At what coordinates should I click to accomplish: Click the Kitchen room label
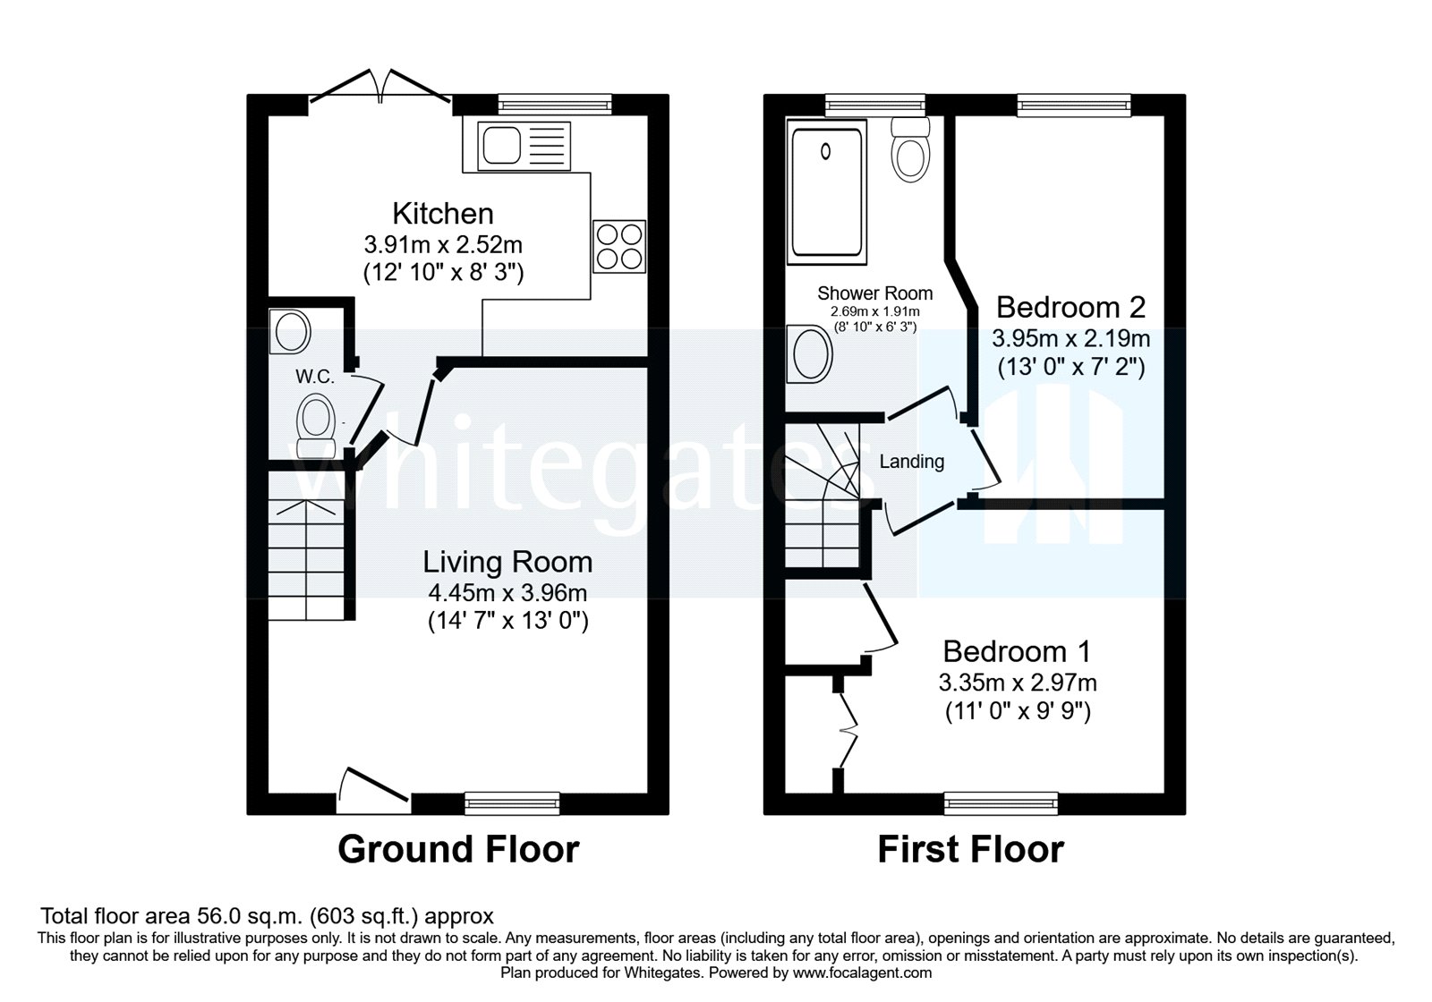443,214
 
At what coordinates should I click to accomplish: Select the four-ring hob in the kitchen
618,245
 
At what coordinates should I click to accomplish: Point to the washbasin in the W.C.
291,332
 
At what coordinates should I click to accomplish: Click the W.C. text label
315,378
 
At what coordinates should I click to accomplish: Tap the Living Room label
507,562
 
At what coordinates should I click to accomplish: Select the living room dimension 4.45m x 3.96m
507,592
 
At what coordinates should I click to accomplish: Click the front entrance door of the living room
374,788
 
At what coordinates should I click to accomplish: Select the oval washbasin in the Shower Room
811,353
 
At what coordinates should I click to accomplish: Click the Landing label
911,462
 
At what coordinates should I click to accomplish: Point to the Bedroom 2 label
1070,308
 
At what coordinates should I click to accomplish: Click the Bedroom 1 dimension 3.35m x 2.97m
1018,683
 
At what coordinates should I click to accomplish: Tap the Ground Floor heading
458,849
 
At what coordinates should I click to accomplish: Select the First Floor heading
970,849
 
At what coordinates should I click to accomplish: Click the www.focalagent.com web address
863,972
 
